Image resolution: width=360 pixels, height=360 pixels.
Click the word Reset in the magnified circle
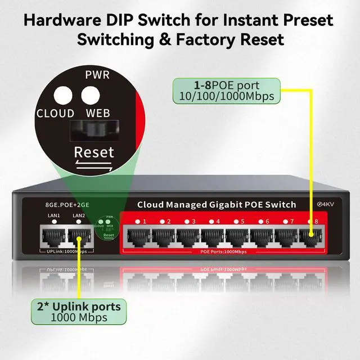click(94, 152)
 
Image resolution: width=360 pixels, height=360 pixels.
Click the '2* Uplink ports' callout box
click(79, 312)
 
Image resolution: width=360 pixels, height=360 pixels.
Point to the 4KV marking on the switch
click(326, 204)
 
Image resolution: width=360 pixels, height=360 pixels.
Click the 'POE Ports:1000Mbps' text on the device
click(223, 251)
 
